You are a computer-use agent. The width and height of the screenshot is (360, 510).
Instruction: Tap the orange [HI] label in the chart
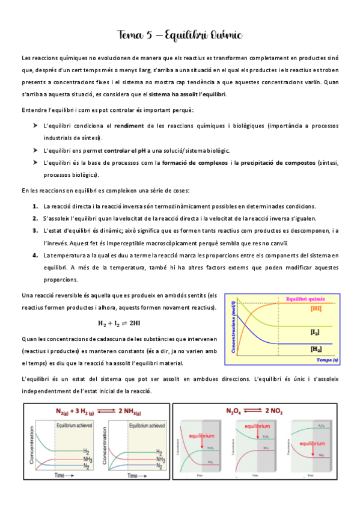(316, 309)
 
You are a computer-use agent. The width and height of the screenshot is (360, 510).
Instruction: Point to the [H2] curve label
(315, 348)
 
